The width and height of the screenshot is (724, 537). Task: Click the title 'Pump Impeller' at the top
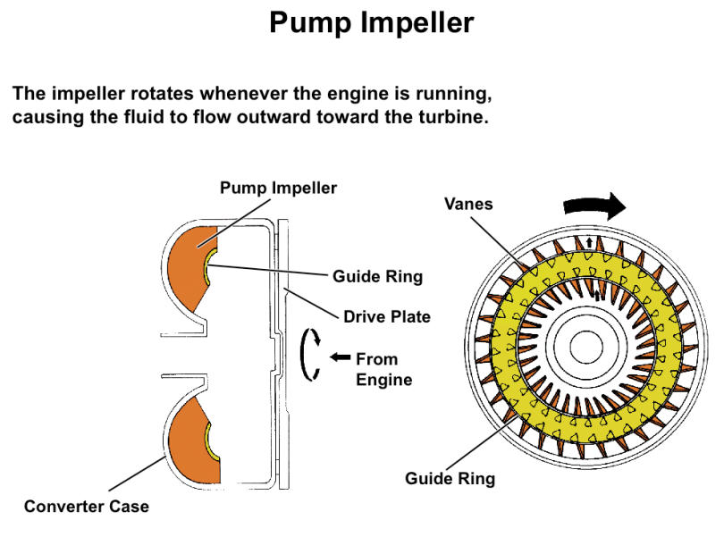(x=371, y=23)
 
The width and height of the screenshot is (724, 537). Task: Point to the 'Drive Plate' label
(x=388, y=316)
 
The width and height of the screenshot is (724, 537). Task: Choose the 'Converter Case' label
(x=86, y=507)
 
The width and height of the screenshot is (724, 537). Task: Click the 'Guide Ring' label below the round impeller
(x=450, y=478)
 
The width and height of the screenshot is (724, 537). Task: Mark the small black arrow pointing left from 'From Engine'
(x=340, y=358)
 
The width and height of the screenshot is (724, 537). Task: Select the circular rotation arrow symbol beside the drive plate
(x=310, y=355)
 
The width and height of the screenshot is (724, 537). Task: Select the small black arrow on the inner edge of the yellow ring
(x=597, y=295)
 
